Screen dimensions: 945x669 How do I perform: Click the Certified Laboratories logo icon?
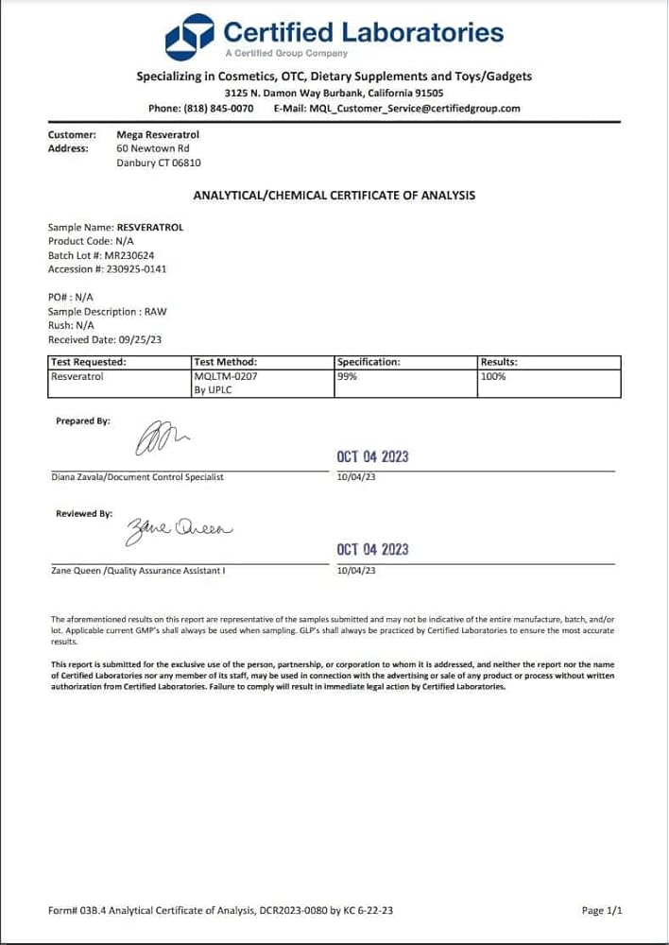pyautogui.click(x=190, y=37)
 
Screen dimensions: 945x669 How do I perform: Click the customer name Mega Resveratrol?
pyautogui.click(x=158, y=135)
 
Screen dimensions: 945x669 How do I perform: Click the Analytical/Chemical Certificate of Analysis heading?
pyautogui.click(x=334, y=196)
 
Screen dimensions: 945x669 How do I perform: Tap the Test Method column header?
pyautogui.click(x=225, y=362)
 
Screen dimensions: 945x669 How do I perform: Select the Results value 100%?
pyautogui.click(x=493, y=376)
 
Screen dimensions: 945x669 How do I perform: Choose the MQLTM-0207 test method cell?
pyautogui.click(x=225, y=376)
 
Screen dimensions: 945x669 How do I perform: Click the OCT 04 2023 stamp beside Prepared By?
pyautogui.click(x=372, y=456)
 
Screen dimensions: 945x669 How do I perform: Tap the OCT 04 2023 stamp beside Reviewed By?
pyautogui.click(x=372, y=549)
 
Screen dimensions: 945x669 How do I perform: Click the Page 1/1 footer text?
pyautogui.click(x=602, y=911)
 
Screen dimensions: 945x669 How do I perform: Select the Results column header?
pyautogui.click(x=499, y=362)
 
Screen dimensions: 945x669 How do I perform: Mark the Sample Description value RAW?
pyautogui.click(x=155, y=311)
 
